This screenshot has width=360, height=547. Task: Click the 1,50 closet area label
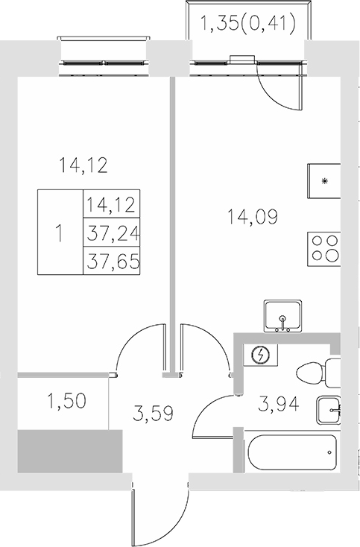coord(66,402)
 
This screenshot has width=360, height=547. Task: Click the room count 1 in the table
coord(60,233)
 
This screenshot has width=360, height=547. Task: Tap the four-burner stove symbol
coord(324,247)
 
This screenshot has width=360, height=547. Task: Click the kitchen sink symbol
coord(283,317)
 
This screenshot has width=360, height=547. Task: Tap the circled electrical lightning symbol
coord(261,355)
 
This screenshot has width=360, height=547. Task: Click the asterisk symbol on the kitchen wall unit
coord(324,181)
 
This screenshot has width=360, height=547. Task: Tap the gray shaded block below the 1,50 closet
coord(69,449)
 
